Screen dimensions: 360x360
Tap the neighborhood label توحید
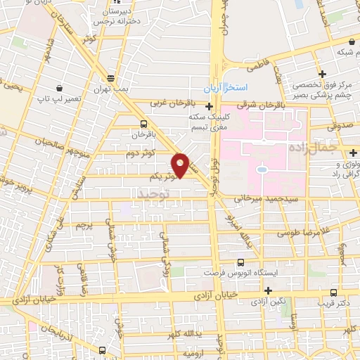(x=154, y=192)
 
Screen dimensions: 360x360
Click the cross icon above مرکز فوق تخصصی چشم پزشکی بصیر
(x=322, y=74)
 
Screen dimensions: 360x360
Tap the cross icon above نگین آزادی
(x=268, y=290)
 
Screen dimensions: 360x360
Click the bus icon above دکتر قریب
(x=333, y=292)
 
